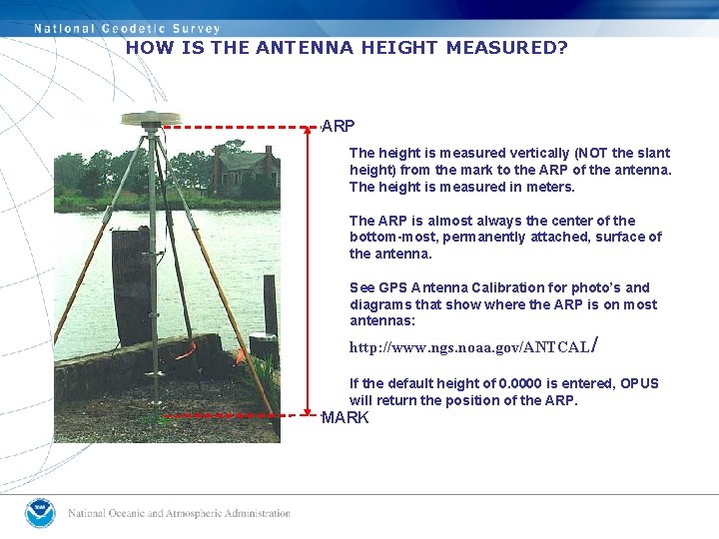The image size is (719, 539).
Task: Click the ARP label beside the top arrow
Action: (338, 127)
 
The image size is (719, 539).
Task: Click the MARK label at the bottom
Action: (345, 417)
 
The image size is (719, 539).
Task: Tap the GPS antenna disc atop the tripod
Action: (150, 119)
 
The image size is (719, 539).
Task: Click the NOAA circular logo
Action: (41, 513)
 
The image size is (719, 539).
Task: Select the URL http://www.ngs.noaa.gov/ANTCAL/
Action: (471, 347)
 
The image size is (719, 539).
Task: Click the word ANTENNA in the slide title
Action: (305, 48)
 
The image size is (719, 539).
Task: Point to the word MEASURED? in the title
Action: (506, 48)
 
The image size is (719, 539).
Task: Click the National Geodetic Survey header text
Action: (127, 28)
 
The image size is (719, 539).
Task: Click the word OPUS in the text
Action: (639, 383)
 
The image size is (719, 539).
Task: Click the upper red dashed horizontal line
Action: (240, 127)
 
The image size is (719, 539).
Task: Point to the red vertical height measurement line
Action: (308, 269)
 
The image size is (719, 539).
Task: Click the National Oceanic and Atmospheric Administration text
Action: (179, 513)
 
